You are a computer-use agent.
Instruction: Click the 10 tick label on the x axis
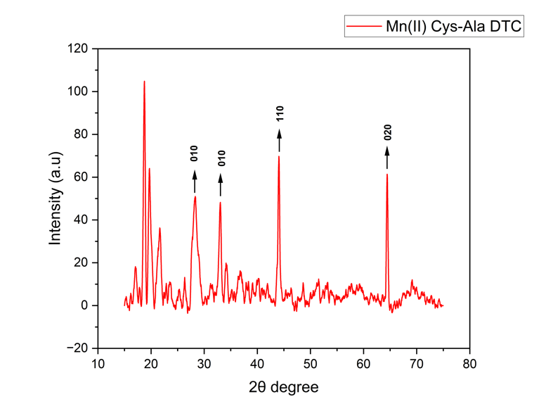(98, 364)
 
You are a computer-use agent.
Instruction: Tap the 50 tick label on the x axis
(311, 364)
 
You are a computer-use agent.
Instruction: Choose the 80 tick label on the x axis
(470, 364)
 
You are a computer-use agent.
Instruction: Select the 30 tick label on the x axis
(204, 364)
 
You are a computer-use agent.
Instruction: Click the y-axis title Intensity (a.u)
(55, 198)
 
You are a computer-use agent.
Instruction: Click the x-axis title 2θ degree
(285, 387)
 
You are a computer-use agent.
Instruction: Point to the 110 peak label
(280, 113)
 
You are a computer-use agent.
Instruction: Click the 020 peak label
(387, 132)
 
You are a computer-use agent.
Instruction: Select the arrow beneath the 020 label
(387, 158)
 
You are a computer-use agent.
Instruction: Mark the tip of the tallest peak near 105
(144, 82)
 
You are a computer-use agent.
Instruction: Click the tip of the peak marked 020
(387, 175)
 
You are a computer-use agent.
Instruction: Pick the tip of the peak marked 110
(279, 156)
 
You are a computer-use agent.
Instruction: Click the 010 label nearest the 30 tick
(195, 153)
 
